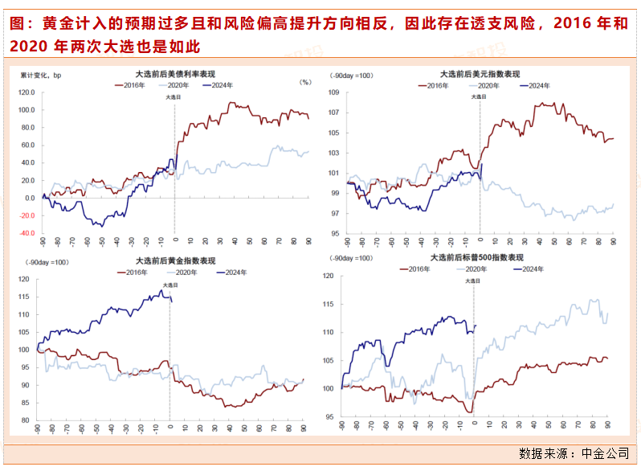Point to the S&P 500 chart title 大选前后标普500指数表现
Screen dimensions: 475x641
click(x=476, y=257)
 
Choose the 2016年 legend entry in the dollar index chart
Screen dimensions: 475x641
click(x=436, y=84)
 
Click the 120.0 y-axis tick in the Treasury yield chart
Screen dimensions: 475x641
click(x=25, y=92)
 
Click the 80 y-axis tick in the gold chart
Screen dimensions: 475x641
click(x=25, y=420)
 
